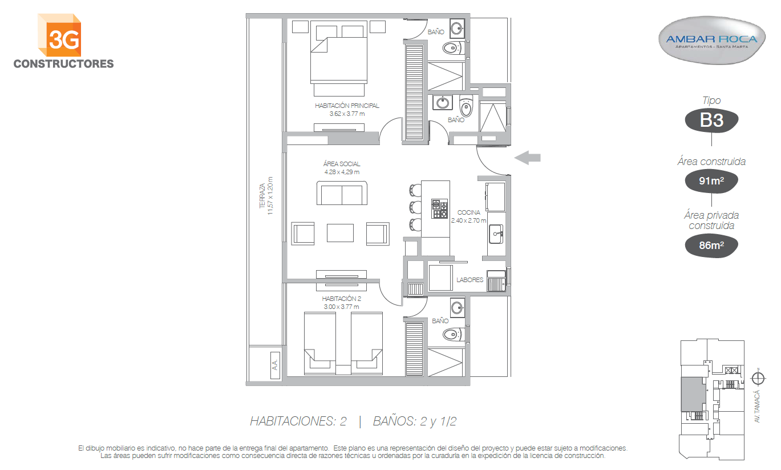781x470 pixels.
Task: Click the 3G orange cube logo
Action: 60,35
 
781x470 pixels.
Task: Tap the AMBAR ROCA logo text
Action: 711,39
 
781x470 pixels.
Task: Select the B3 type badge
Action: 711,120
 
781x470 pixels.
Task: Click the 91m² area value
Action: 711,180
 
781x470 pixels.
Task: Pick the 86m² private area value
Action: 711,246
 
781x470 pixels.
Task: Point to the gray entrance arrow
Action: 527,158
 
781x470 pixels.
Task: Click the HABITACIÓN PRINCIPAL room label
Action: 347,106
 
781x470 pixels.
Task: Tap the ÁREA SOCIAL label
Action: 342,164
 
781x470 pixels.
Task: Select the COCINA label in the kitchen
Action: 468,212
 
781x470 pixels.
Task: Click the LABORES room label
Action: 470,280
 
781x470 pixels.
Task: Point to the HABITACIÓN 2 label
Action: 341,299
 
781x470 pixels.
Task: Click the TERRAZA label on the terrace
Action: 262,196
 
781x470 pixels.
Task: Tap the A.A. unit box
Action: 275,365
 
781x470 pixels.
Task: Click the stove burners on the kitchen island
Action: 439,208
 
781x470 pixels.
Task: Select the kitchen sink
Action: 496,234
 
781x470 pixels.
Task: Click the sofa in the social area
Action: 342,193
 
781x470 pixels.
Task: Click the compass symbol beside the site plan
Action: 758,378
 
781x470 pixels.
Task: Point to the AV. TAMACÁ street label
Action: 756,407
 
